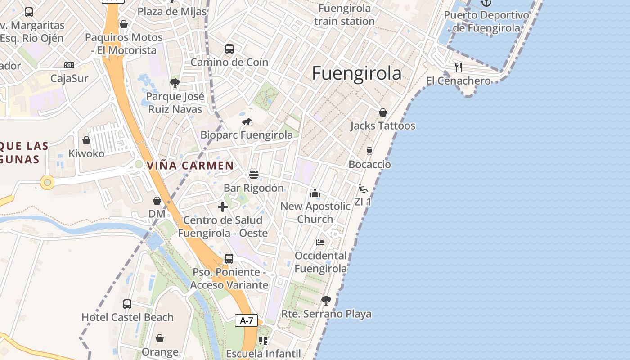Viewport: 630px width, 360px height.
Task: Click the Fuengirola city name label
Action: (356, 73)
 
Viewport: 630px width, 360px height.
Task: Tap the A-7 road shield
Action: (247, 320)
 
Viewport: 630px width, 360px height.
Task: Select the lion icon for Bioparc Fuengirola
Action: (247, 122)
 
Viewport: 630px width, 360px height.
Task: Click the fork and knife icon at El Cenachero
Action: (459, 67)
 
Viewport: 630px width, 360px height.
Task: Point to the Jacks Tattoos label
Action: (383, 126)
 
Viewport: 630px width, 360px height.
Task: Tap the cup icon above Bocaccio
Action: (369, 151)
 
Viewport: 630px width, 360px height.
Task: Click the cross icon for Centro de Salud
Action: (223, 207)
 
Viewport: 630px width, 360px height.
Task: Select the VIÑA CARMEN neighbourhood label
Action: (190, 165)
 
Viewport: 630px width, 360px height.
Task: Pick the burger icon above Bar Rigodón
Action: (254, 175)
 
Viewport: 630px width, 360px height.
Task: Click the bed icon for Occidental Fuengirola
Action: (320, 243)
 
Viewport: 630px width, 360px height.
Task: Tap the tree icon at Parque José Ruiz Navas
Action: (175, 83)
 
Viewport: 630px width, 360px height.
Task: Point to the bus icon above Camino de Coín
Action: (229, 49)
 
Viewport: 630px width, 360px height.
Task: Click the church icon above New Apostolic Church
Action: (315, 193)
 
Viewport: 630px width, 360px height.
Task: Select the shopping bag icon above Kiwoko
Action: (86, 140)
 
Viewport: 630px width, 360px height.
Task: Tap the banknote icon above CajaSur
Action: (69, 65)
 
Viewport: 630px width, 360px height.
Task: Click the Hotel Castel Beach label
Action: (127, 317)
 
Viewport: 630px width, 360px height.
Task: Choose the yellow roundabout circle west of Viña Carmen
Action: (47, 182)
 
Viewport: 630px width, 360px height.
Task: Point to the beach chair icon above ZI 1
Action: (363, 189)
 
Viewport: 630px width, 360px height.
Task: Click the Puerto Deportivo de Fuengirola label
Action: (486, 21)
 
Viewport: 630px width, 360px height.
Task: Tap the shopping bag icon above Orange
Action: (160, 338)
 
